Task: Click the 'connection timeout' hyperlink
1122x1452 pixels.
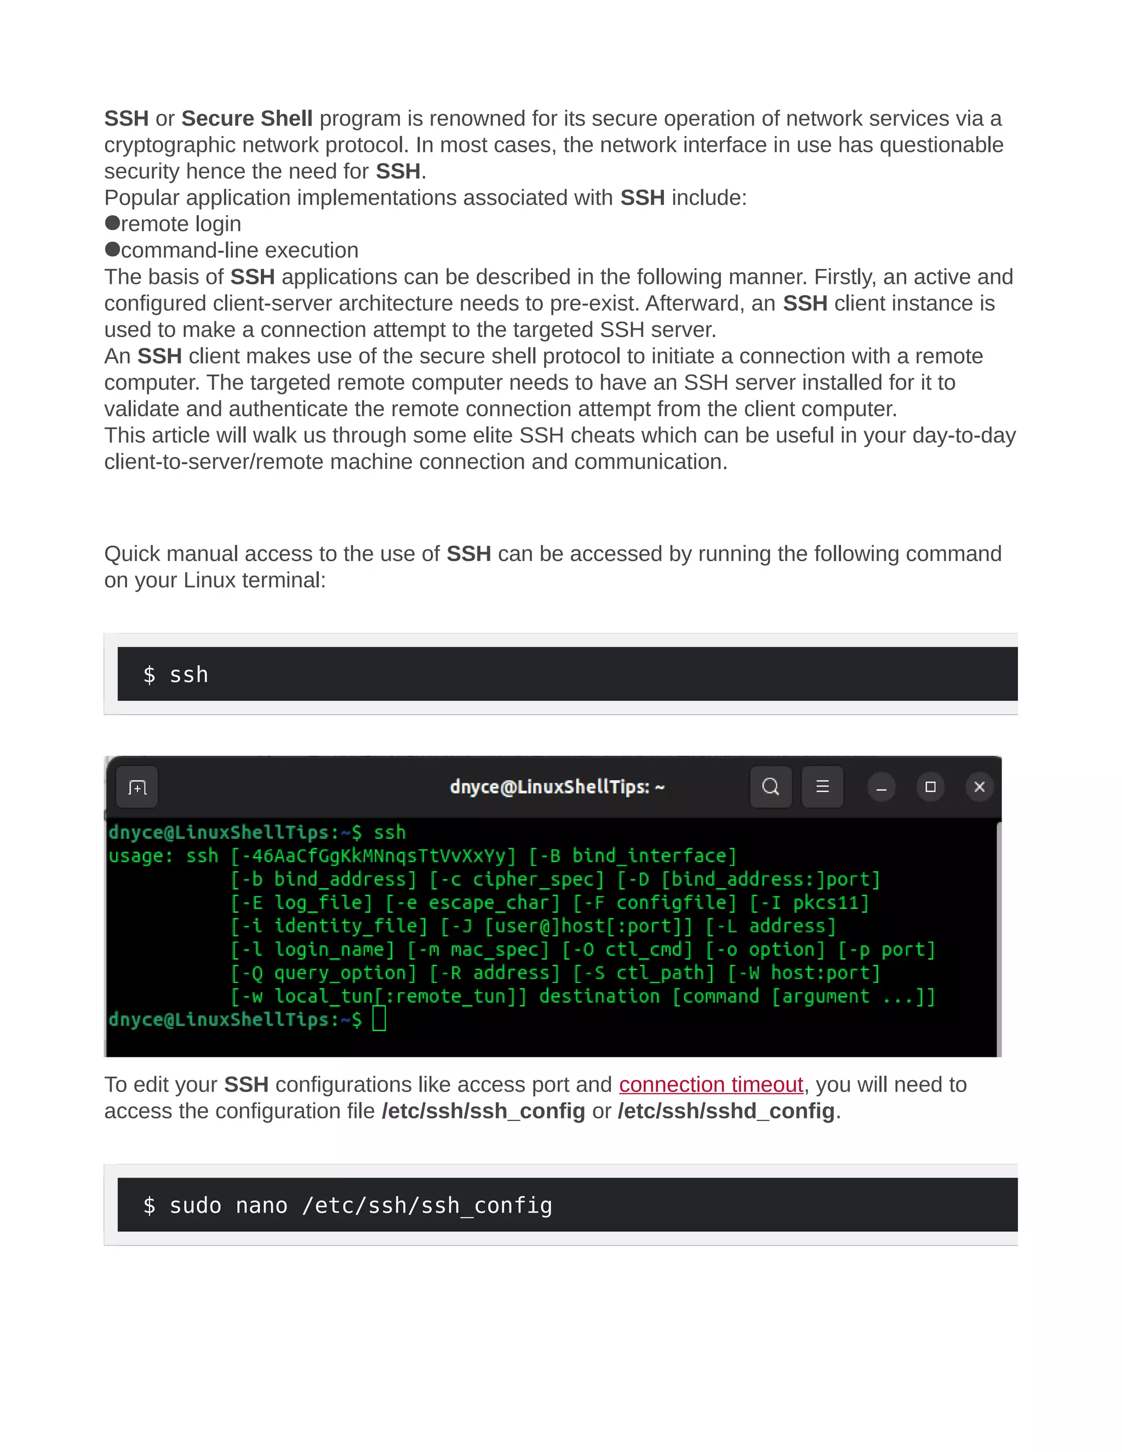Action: click(711, 1085)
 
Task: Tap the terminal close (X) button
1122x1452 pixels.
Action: click(979, 787)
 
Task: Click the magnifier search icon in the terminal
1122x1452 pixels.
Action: click(770, 787)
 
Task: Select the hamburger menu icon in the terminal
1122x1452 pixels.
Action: click(822, 787)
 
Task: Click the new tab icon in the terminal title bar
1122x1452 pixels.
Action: click(137, 788)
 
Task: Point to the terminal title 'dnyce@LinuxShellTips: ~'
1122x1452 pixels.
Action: click(557, 787)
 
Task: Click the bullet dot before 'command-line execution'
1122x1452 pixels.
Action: click(112, 249)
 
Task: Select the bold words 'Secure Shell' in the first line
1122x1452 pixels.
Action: click(247, 118)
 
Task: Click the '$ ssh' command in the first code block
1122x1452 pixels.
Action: click(176, 675)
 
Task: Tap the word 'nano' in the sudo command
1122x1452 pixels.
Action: click(261, 1205)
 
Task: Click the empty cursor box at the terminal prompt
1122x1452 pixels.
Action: click(379, 1019)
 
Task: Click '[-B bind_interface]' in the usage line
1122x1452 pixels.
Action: click(633, 856)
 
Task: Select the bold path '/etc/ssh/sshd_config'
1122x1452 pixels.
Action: click(726, 1112)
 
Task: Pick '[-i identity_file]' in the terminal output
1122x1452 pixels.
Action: click(329, 926)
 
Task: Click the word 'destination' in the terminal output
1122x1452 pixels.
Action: click(599, 996)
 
